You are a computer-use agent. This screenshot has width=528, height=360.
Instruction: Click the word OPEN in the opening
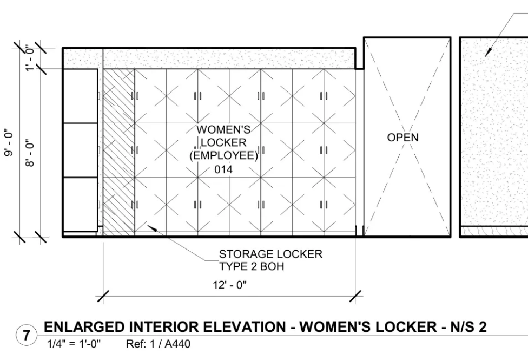pyautogui.click(x=402, y=138)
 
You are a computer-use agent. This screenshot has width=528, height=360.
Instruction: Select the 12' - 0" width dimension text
pyautogui.click(x=229, y=285)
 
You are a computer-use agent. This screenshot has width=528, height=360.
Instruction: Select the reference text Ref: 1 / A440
pyautogui.click(x=158, y=344)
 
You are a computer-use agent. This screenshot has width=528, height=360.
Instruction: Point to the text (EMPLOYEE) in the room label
pyautogui.click(x=224, y=156)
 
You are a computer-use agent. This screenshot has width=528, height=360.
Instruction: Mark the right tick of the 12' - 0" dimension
pyautogui.click(x=355, y=296)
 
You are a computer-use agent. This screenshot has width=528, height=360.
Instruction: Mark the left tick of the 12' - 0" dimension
pyautogui.click(x=103, y=296)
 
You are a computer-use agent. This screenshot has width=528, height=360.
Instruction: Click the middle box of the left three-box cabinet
pyautogui.click(x=81, y=150)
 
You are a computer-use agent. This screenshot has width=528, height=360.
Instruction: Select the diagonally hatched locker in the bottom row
pyautogui.click(x=118, y=206)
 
